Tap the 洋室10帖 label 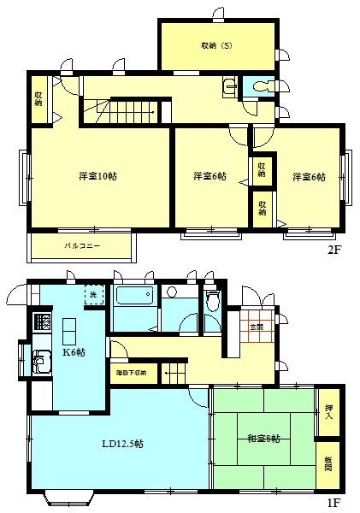coord(97,176)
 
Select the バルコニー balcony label coord(82,245)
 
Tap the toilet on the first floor coord(212,301)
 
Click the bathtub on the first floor coord(133,298)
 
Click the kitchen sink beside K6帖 coord(40,363)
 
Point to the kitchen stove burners coord(40,323)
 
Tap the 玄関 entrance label coord(256,327)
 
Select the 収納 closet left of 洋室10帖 coord(39,98)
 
